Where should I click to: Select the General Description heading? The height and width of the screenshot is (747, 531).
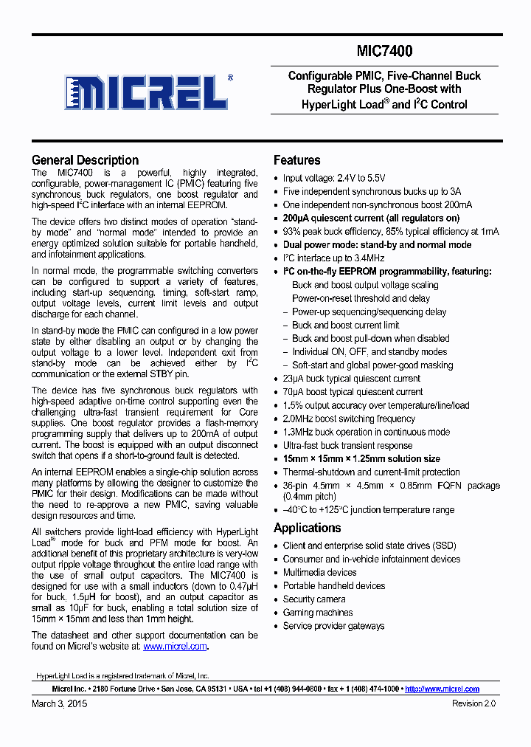[85, 160]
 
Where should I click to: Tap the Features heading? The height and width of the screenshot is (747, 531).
[296, 160]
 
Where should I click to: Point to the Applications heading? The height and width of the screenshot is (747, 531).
[307, 528]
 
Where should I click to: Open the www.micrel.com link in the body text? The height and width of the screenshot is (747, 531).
[175, 646]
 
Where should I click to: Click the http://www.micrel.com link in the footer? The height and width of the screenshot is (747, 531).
[442, 689]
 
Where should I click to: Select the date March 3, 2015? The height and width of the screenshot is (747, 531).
[58, 704]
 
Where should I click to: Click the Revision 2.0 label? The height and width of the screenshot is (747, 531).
[473, 704]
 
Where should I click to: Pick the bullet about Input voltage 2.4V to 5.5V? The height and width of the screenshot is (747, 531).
[334, 178]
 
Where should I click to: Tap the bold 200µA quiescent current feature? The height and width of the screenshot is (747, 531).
[371, 218]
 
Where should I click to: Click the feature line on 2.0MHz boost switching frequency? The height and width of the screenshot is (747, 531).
[349, 419]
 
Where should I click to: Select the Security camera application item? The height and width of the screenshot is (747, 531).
[314, 599]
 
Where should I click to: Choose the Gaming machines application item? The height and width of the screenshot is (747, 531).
[318, 613]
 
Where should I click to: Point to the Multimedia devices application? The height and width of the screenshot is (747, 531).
[319, 573]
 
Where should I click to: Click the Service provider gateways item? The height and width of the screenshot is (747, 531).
[333, 626]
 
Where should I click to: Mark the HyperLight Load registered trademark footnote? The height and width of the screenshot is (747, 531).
[122, 675]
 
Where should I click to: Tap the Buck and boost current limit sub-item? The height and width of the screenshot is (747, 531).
[345, 325]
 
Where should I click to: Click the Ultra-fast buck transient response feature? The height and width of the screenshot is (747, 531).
[347, 445]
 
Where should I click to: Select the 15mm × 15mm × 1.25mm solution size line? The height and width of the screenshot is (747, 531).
[361, 458]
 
